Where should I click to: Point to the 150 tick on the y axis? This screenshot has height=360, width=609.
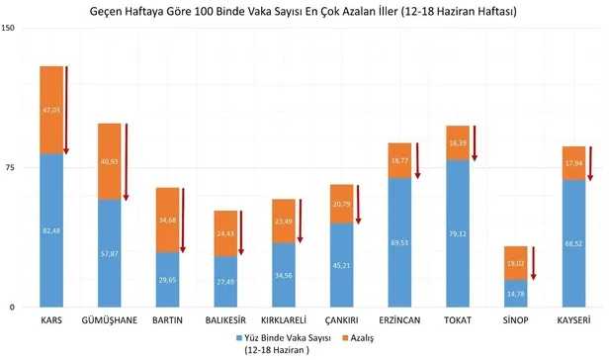tap(9, 29)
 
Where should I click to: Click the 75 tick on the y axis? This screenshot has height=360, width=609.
tap(11, 168)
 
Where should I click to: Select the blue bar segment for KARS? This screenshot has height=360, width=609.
tap(51, 229)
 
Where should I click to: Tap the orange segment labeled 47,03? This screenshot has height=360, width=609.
tap(51, 110)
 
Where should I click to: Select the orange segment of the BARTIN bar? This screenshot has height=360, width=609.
tap(167, 220)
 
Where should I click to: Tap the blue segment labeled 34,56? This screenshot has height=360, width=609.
tap(284, 275)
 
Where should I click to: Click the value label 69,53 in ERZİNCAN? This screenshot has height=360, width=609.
tap(399, 242)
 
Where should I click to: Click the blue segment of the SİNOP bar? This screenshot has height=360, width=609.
tap(515, 294)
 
